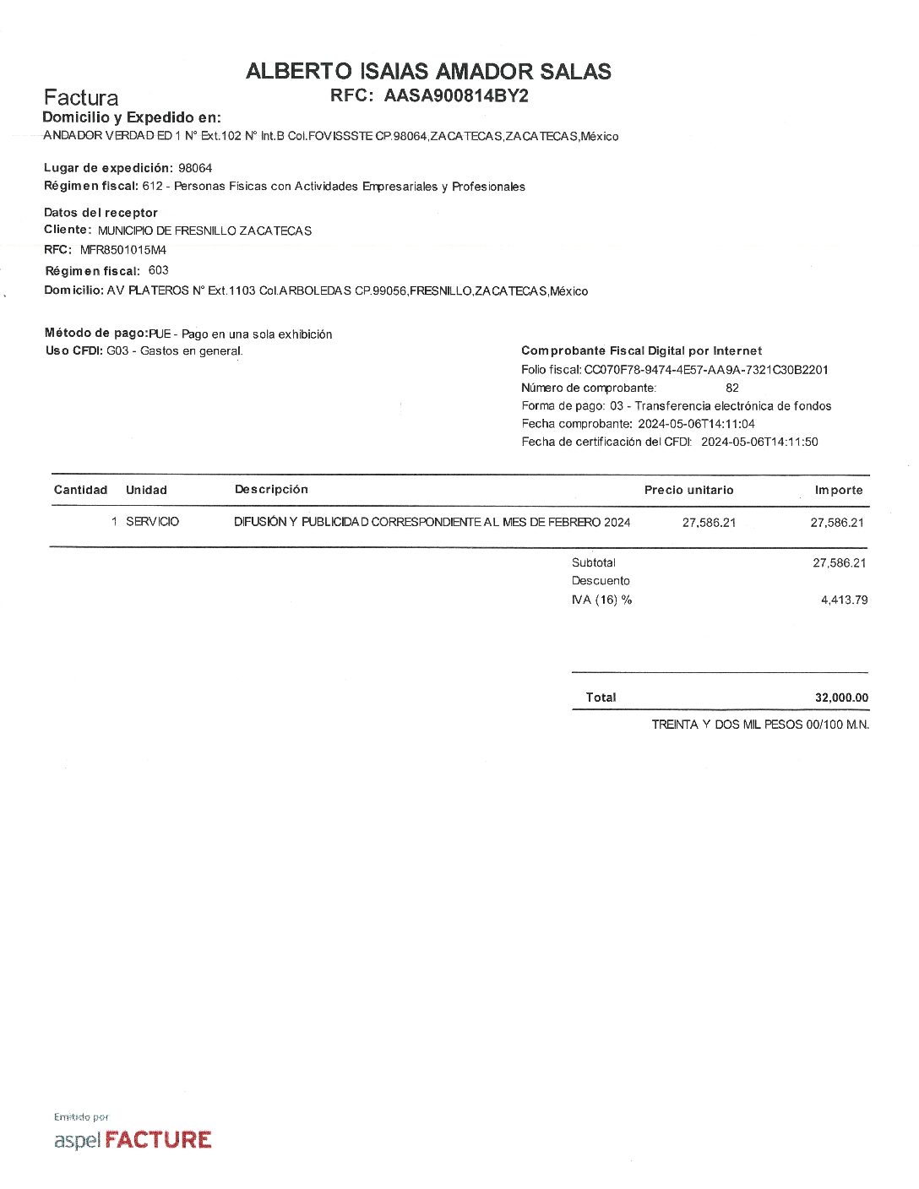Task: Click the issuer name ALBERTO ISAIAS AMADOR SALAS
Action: [428, 72]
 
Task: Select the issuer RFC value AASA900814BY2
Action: [456, 96]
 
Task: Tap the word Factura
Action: [81, 97]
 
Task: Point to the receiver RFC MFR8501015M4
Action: [123, 250]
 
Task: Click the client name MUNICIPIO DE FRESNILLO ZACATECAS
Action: [204, 231]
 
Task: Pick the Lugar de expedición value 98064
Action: [195, 168]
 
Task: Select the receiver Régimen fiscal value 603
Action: [158, 270]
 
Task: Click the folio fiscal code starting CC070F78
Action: [706, 370]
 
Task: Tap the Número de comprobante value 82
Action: [731, 388]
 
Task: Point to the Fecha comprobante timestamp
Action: [696, 424]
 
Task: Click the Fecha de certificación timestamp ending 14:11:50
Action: [759, 442]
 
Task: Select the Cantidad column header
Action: [80, 490]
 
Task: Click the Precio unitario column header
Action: [688, 490]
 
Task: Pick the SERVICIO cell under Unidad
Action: [152, 522]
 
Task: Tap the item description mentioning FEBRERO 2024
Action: [432, 522]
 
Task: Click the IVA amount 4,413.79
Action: [844, 600]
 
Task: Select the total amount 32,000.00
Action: [841, 698]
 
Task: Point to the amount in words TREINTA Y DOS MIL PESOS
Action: [760, 725]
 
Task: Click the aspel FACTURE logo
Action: [133, 1140]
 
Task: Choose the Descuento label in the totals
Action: [601, 581]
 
